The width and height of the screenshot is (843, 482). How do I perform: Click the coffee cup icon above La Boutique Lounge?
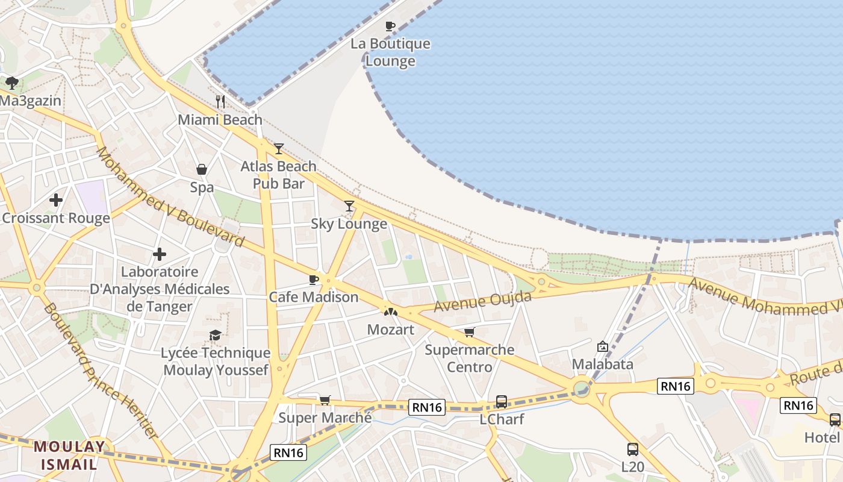pos(390,26)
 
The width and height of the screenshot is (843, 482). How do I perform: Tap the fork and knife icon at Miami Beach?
pos(220,101)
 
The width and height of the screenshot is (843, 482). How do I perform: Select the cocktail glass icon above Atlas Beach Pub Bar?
pos(278,148)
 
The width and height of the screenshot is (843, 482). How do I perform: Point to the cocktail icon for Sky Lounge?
pos(349,206)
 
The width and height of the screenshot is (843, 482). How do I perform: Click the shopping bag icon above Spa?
pos(202,169)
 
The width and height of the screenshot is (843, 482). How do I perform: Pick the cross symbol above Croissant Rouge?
pos(56,199)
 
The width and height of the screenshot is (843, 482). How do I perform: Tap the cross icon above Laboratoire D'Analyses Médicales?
pos(159,254)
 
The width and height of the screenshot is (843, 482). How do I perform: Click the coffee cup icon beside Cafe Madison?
pos(313,280)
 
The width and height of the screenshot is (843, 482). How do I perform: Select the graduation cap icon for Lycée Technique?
pos(215,335)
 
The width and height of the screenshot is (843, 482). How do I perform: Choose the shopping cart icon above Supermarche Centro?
pos(470,332)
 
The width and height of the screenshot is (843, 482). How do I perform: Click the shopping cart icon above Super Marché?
pos(325,400)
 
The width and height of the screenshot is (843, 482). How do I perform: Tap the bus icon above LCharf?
pos(501,401)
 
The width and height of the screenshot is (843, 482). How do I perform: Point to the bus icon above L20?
pos(632,449)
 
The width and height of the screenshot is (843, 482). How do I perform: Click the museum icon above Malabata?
pos(602,346)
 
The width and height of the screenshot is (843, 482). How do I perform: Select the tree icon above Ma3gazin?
pos(11,83)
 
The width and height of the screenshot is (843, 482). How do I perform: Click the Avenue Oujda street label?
pos(483,301)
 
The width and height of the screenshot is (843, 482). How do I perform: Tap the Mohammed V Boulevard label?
pos(170,196)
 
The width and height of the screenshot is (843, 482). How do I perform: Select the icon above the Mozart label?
pos(391,312)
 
